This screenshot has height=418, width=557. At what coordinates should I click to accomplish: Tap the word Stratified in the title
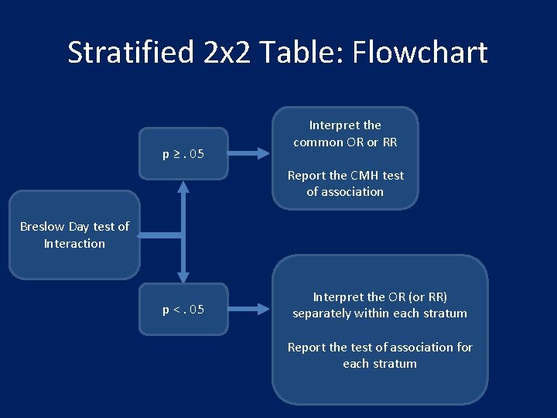pyautogui.click(x=130, y=53)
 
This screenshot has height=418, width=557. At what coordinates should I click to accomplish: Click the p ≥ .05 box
pyautogui.click(x=183, y=153)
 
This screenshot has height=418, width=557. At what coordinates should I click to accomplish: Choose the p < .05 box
pyautogui.click(x=183, y=310)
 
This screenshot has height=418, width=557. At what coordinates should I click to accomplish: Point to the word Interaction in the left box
pyautogui.click(x=74, y=244)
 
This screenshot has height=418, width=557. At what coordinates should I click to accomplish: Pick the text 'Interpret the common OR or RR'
pyautogui.click(x=345, y=133)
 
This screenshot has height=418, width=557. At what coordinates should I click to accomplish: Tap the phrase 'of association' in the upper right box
pyautogui.click(x=345, y=192)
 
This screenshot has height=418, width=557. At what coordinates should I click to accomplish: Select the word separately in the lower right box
pyautogui.click(x=326, y=313)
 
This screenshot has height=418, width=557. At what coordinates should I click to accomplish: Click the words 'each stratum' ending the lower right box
pyautogui.click(x=380, y=364)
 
